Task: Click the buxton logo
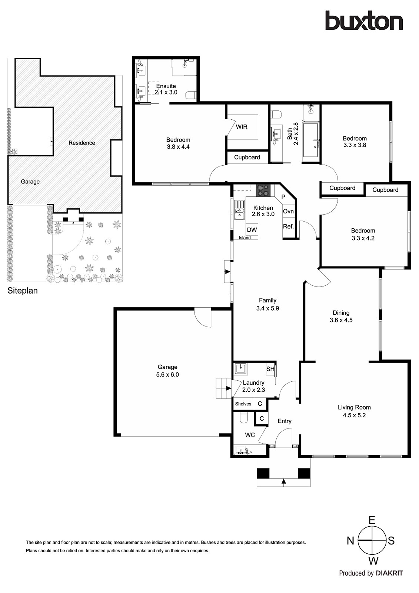coord(364,20)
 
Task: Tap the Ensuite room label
coord(166,86)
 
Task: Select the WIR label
coord(242,127)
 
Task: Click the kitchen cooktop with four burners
coord(263,191)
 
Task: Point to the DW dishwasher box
coord(252,229)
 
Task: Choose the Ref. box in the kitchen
coord(288,226)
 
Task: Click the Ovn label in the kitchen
coord(288,211)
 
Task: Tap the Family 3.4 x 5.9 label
coord(267,304)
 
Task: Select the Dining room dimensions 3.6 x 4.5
coord(341,320)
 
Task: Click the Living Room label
coord(354,407)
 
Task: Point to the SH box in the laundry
coord(270,369)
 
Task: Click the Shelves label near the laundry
coord(243,404)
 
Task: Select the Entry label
coord(285,421)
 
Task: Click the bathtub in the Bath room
coord(311,140)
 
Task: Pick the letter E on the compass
coord(372,520)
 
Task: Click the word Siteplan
coord(23,291)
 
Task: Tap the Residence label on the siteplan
coord(82,143)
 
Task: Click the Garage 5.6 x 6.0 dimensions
coord(167,375)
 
